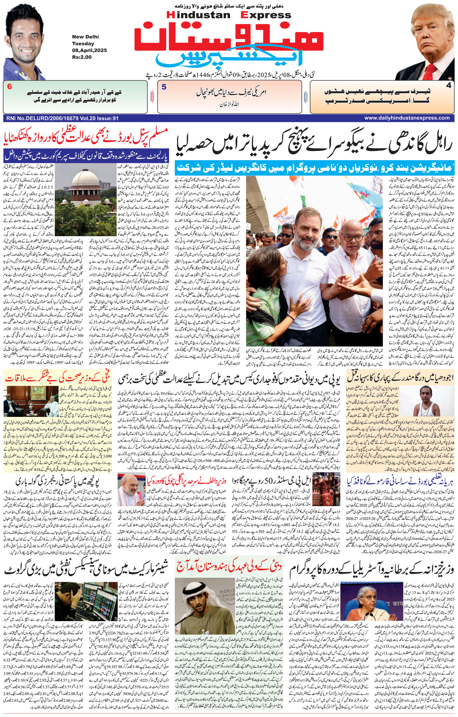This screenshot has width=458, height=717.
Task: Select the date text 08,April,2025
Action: pos(89,50)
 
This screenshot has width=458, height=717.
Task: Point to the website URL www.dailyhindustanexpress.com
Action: pos(407,118)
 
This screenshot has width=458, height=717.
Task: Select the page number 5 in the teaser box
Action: pos(164,87)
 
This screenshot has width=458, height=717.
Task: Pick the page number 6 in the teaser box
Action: pos(9,87)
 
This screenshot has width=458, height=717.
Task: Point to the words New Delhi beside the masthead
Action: pos(85,37)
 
